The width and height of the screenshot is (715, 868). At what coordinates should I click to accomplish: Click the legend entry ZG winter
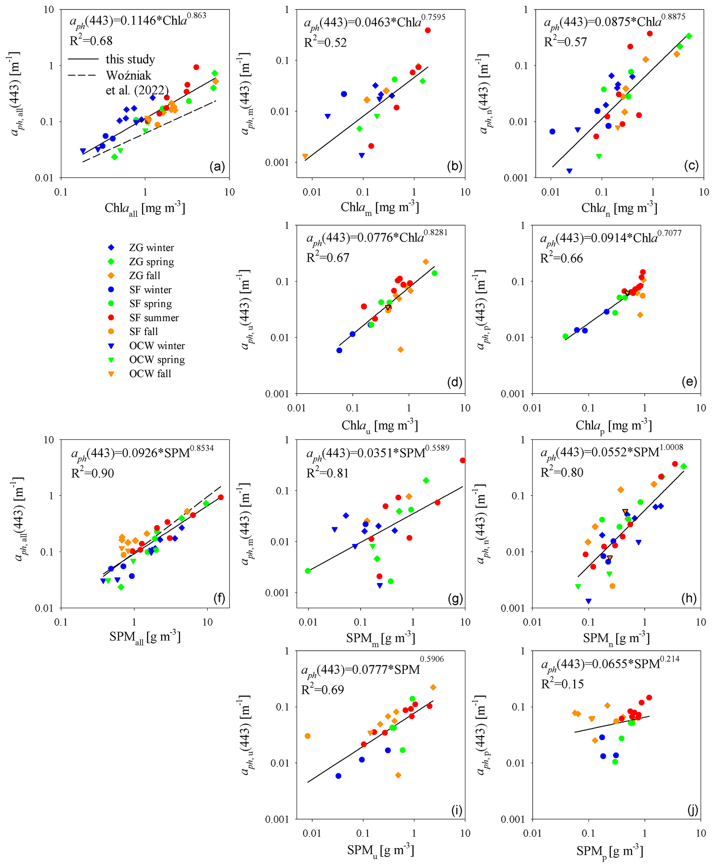pos(151,248)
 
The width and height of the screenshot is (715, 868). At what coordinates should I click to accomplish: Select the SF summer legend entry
pos(154,318)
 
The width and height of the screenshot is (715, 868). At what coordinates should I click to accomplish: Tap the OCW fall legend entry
pos(150,374)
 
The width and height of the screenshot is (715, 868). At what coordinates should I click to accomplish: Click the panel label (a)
pos(217,167)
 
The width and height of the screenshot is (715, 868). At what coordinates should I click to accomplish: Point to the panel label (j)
pos(693,810)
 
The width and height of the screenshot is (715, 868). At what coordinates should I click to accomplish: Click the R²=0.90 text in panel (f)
pos(92,473)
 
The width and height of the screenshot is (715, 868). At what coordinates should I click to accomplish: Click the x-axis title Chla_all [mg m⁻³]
pos(145,208)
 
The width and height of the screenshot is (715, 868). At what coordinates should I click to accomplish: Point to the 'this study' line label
pos(130,59)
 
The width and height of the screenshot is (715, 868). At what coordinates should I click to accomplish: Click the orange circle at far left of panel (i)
pos(308,736)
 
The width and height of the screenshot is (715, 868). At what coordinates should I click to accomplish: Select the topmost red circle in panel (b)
pos(428,30)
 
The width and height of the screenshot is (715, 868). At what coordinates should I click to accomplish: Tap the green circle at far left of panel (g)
pos(308,571)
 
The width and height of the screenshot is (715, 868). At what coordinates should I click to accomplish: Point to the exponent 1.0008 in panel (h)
pos(671,447)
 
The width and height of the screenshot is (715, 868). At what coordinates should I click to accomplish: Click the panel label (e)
pos(689,382)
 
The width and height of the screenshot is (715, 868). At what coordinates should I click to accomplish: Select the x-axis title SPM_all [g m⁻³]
pos(145,637)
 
